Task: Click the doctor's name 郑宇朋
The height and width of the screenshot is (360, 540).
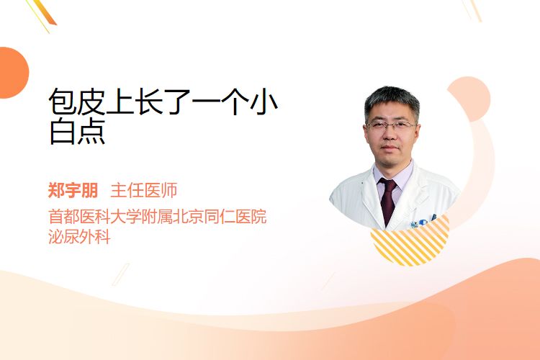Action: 73,190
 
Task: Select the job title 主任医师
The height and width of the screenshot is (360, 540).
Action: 144,190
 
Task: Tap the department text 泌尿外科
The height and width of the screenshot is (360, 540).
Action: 79,237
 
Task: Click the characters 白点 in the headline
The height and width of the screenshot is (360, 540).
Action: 78,132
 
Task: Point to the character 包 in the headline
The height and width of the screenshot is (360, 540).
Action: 63,102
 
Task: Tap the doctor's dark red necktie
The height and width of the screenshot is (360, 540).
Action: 388,200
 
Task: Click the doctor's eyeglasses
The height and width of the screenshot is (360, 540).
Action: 391,125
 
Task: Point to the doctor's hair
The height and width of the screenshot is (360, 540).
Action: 392,100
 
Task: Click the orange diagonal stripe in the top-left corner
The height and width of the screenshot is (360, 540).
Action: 47,12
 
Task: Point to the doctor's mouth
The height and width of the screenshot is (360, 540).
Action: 390,148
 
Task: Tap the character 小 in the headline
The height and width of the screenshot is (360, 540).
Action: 264,102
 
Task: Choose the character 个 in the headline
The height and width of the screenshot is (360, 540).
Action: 235,102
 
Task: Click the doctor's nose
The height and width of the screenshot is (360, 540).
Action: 390,135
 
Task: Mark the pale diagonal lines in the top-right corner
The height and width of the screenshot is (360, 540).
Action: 472,10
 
